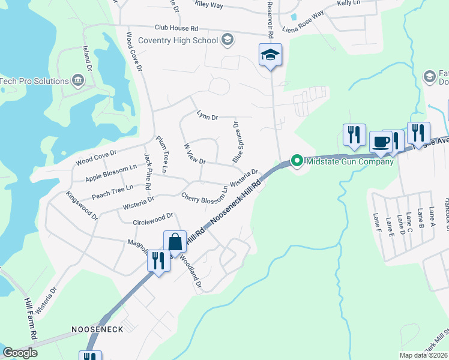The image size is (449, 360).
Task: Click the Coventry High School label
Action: click(x=178, y=40)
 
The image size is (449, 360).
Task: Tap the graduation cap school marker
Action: click(x=270, y=55)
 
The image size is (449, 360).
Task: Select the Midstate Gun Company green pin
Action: click(x=296, y=161)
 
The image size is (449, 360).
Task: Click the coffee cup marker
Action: click(x=381, y=142)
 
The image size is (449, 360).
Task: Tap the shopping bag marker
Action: click(x=175, y=242)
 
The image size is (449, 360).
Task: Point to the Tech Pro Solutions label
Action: click(x=34, y=81)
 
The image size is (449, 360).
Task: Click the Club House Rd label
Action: click(x=176, y=28)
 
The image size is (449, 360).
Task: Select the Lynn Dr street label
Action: click(x=206, y=116)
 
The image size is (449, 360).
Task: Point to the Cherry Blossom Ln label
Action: click(x=205, y=196)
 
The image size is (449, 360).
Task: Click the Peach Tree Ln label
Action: click(x=112, y=193)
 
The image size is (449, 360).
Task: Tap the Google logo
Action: click(x=20, y=353)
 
